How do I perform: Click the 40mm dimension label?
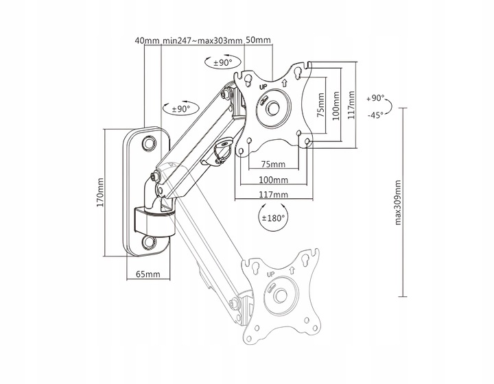coord(148,40)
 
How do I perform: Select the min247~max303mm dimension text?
coord(203,40)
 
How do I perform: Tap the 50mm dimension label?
coord(258,40)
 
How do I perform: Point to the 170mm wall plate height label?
coord(99,193)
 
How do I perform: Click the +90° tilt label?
coord(375,97)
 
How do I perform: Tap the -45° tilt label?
coord(375,115)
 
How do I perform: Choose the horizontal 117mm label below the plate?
coord(274,195)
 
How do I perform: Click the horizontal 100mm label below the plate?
coord(274,180)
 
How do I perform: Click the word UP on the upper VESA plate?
coord(263,87)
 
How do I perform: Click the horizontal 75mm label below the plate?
coord(274,165)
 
